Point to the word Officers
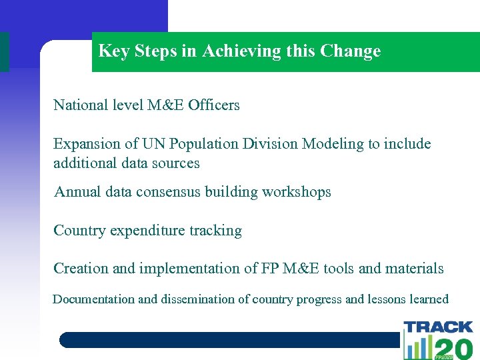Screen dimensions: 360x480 (x=214, y=105)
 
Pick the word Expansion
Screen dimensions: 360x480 (x=85, y=144)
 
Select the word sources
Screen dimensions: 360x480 (x=177, y=163)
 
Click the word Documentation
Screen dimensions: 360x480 (x=93, y=299)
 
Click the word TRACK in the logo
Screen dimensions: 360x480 (x=438, y=327)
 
